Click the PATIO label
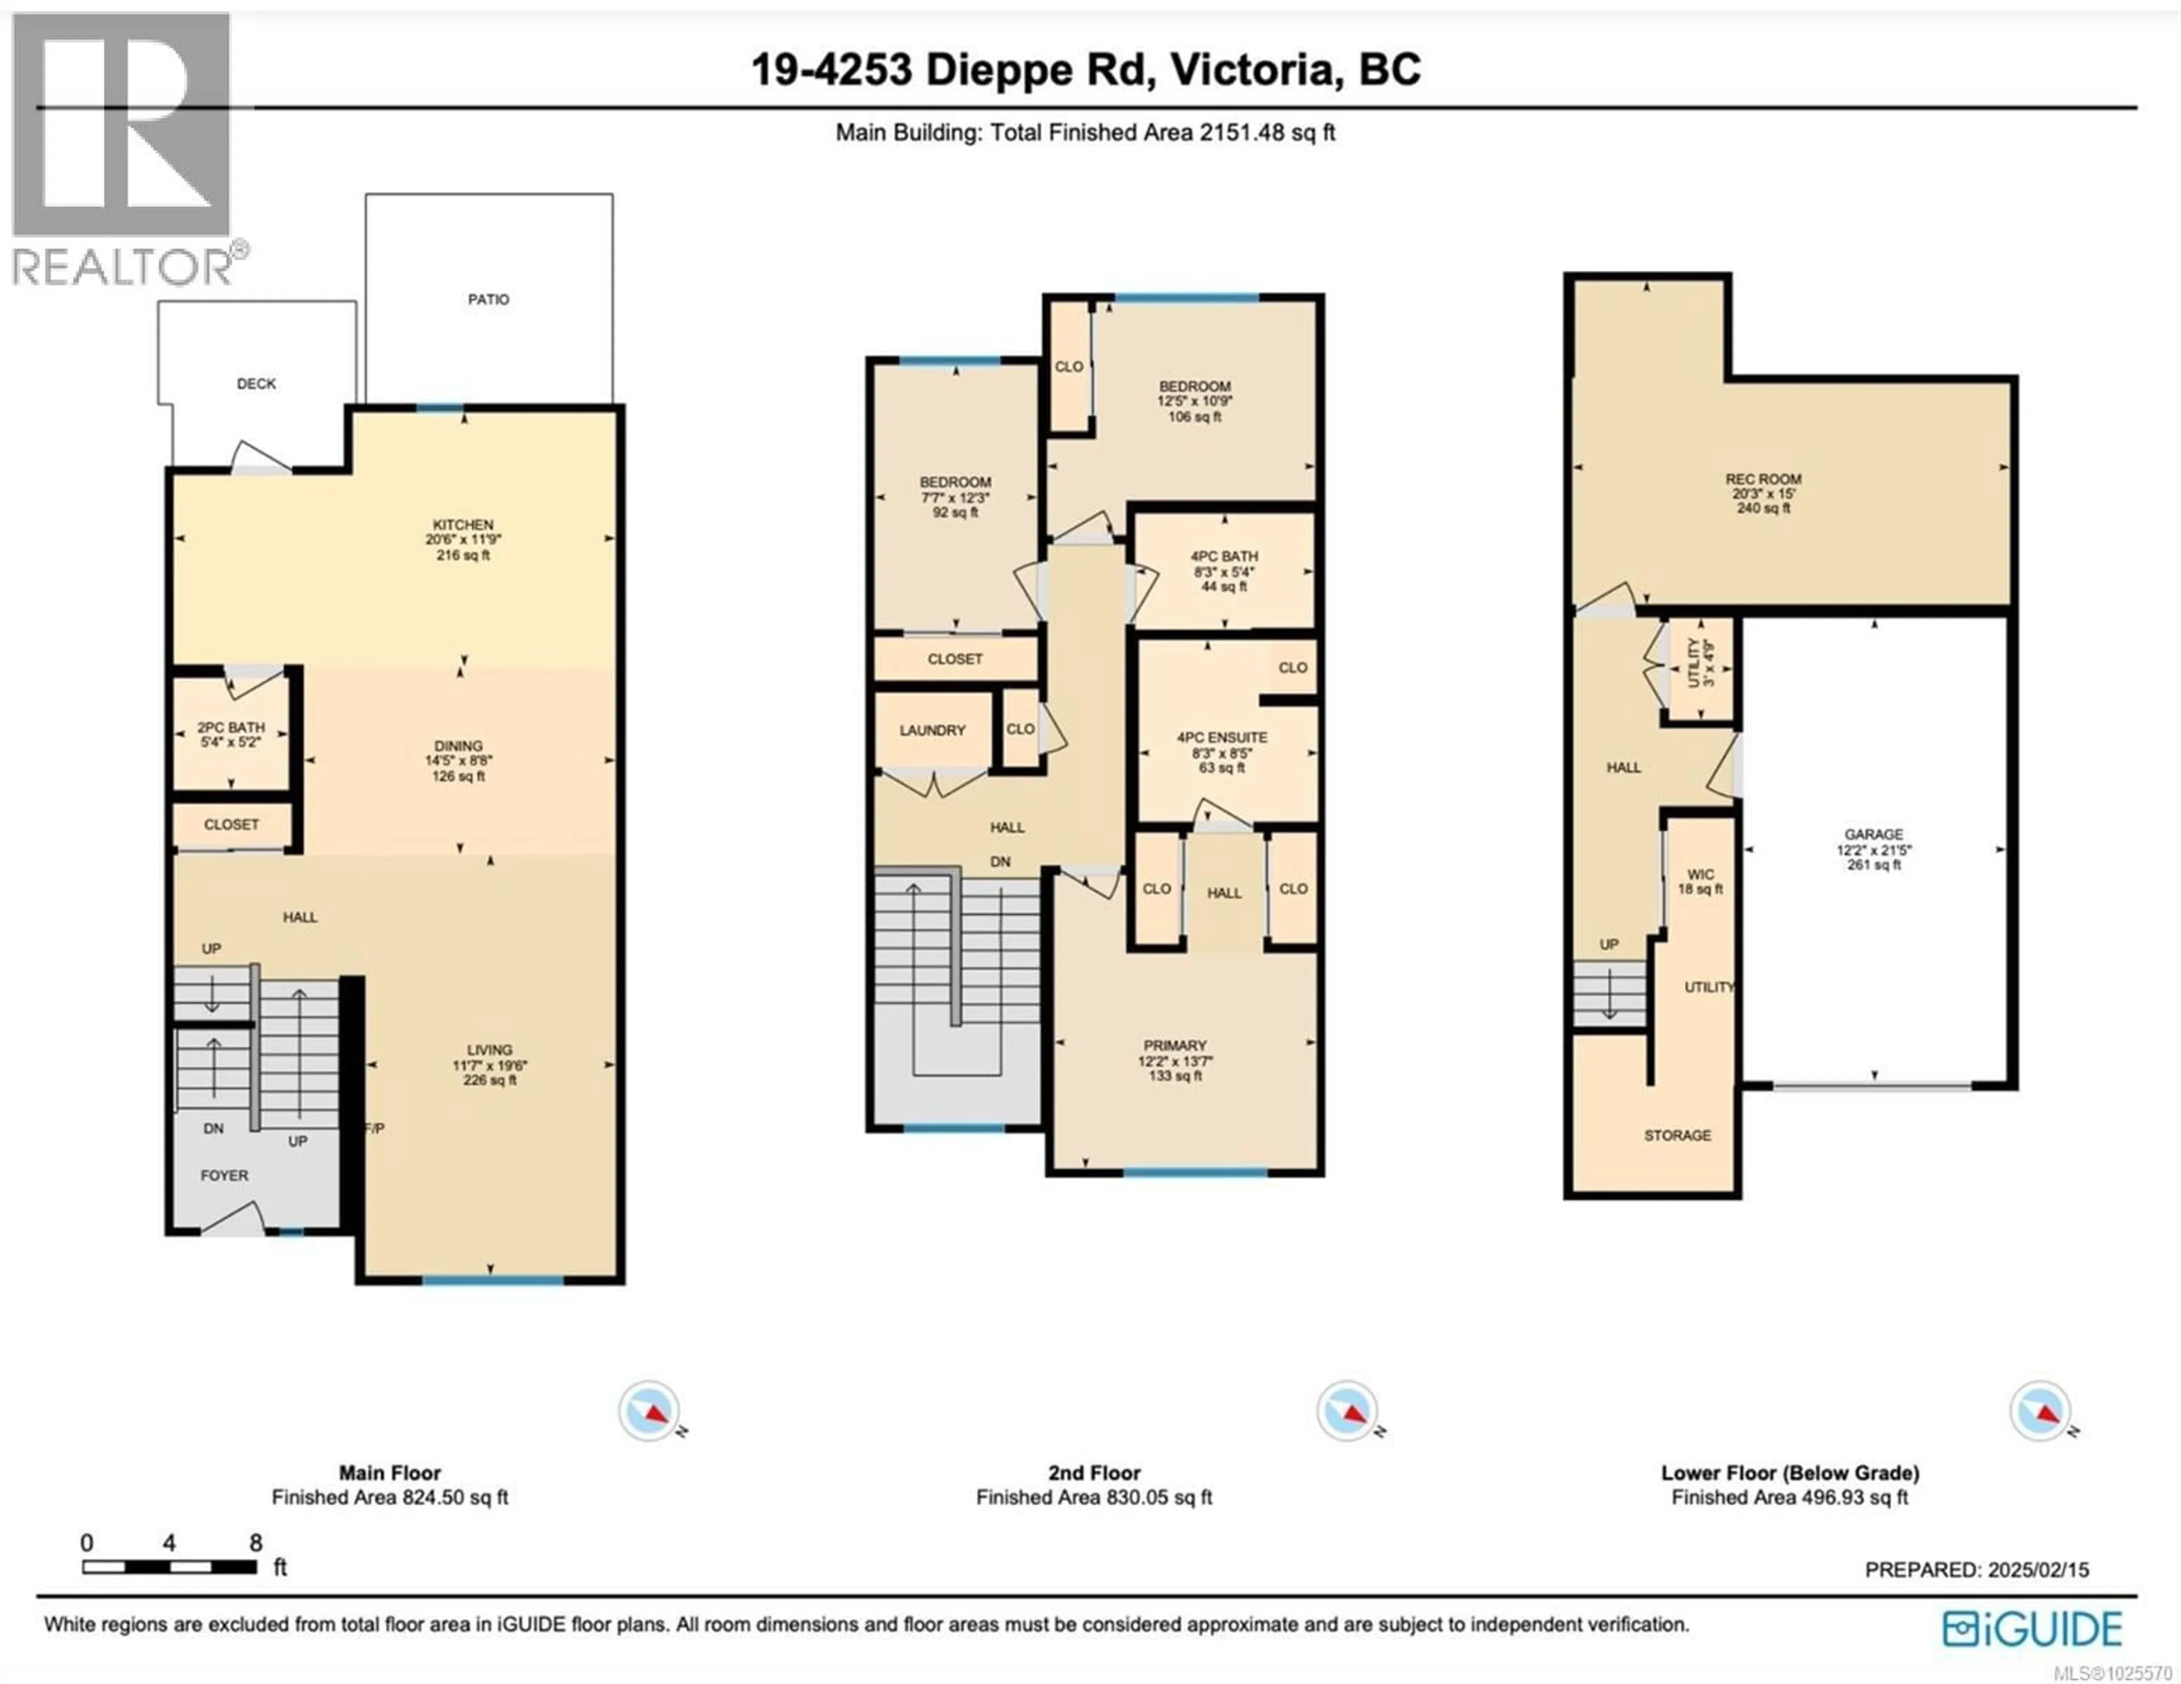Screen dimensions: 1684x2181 [488, 300]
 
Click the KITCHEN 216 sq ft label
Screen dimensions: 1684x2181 [462, 539]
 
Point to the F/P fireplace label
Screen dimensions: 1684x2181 [374, 1128]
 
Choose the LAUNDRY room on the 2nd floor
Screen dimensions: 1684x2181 [931, 730]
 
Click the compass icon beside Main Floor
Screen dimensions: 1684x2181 [649, 1410]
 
